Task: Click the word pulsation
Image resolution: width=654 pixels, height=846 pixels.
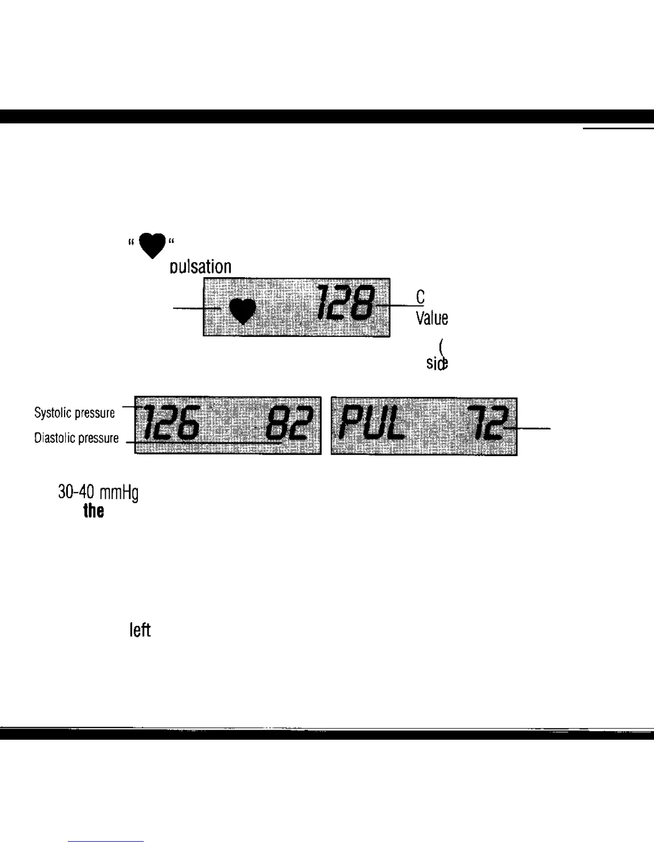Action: (200, 267)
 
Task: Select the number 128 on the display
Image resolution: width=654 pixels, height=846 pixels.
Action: (345, 303)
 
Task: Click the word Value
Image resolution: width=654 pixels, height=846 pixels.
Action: (432, 319)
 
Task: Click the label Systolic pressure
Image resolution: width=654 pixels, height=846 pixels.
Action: (74, 413)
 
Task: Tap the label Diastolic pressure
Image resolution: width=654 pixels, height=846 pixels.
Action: (76, 438)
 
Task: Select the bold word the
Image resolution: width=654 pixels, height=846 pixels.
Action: (94, 511)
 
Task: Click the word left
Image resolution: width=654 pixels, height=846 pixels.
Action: (140, 631)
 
